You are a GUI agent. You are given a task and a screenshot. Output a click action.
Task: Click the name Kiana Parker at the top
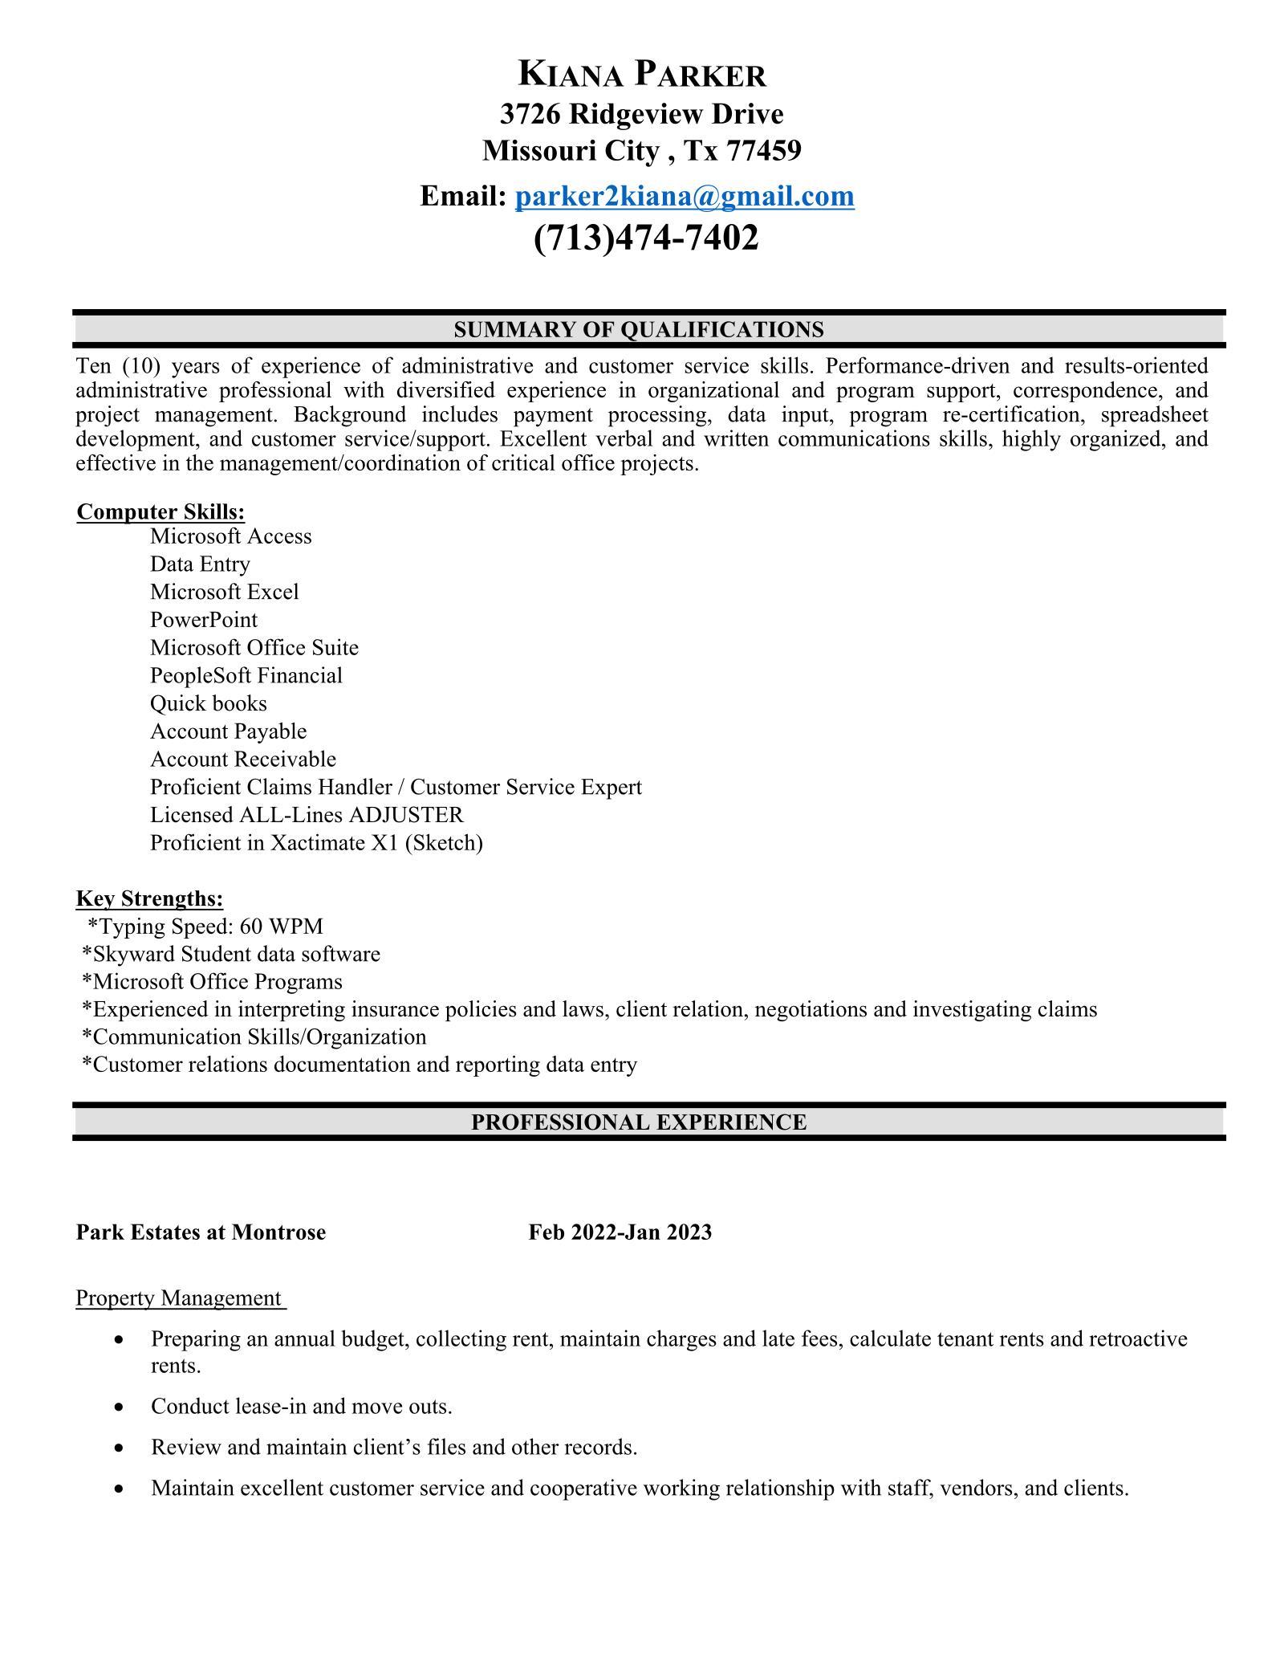click(642, 74)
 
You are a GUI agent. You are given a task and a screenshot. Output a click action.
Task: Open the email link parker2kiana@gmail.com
click(684, 196)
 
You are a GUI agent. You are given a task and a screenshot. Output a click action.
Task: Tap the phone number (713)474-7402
click(645, 238)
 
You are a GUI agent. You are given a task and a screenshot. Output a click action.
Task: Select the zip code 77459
click(763, 150)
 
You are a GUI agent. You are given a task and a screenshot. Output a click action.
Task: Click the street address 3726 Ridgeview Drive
click(641, 114)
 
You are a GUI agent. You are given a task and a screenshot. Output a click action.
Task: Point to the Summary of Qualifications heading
click(638, 329)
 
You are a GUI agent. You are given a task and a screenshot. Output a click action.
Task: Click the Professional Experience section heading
click(638, 1122)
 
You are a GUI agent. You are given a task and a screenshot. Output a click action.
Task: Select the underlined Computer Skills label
click(160, 511)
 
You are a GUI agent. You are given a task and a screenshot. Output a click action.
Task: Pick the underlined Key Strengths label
click(149, 898)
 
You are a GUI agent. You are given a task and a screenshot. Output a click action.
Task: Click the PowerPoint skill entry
click(204, 620)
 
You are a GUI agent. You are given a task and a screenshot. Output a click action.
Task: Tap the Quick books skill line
click(208, 703)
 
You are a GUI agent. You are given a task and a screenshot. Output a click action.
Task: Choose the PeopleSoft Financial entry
click(246, 675)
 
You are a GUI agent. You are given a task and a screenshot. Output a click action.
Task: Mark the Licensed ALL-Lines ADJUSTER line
click(307, 815)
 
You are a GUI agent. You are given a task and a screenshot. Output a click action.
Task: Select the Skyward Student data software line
click(231, 954)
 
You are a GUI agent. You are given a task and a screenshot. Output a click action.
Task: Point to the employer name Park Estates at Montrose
click(201, 1232)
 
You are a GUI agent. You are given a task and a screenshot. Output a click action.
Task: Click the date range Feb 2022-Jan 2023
click(620, 1232)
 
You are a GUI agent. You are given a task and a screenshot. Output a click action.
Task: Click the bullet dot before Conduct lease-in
click(119, 1407)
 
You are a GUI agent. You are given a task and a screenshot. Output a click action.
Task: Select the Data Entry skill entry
click(200, 564)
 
